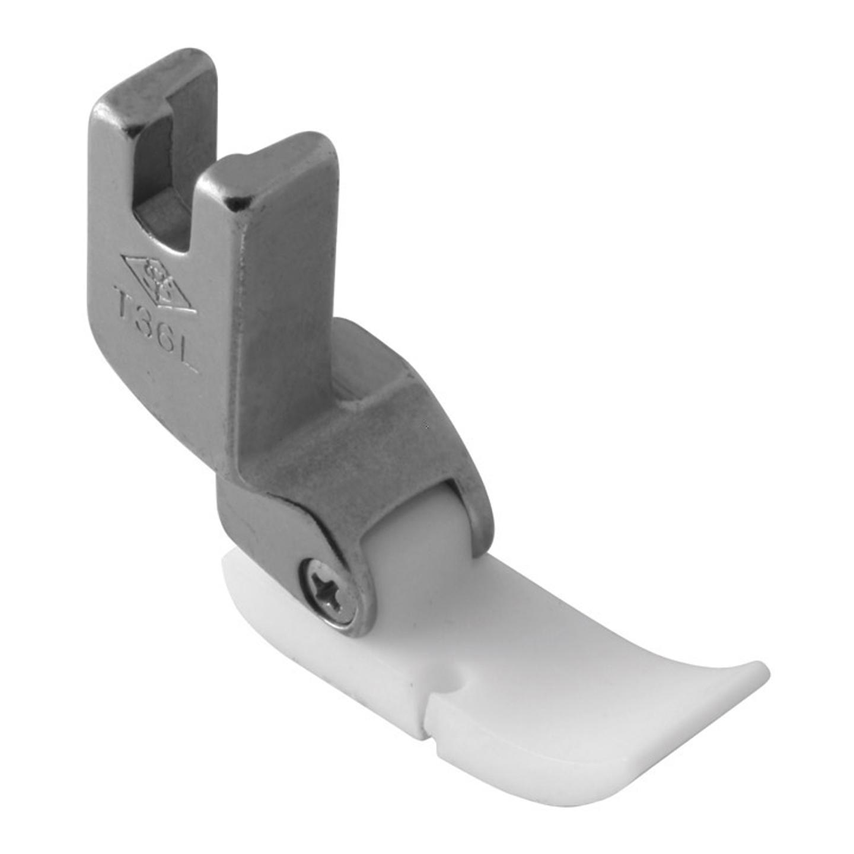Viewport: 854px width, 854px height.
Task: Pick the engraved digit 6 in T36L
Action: [168, 343]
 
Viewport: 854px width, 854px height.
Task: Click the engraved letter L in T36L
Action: [188, 360]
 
